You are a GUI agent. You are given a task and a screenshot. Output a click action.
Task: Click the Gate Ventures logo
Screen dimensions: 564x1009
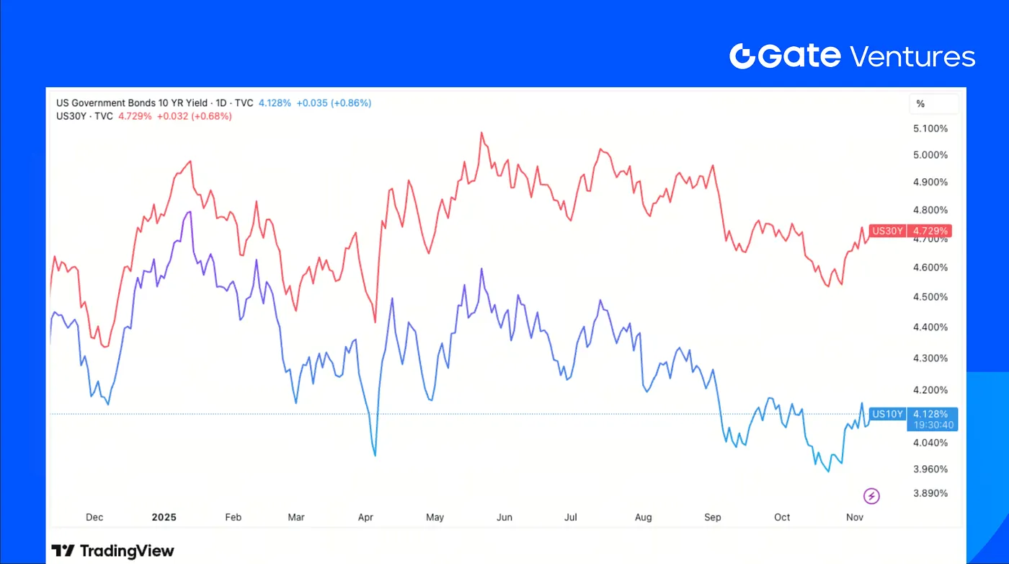pos(852,56)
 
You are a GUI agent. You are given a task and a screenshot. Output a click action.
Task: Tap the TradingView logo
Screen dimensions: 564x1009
pos(113,551)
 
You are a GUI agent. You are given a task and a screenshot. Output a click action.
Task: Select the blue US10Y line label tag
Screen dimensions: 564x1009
pos(887,414)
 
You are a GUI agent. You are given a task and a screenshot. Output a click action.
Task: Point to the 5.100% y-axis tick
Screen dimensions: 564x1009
pos(929,128)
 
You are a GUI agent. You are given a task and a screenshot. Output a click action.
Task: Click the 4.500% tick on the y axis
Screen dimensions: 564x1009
pos(929,297)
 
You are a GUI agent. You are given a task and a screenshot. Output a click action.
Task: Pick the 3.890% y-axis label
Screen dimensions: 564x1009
pos(929,493)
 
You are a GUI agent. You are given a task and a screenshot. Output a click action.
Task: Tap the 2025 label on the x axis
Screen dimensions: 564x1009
pos(164,517)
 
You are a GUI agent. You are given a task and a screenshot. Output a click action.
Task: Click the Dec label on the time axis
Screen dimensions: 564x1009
pos(94,517)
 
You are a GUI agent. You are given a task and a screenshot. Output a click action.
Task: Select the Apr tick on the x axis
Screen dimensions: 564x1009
pos(365,517)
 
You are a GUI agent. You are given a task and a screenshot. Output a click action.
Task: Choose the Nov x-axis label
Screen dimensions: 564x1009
pos(855,517)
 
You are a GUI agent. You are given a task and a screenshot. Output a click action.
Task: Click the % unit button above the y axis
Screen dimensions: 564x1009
pos(920,104)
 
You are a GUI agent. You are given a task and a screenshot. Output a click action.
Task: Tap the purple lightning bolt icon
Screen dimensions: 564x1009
pos(872,495)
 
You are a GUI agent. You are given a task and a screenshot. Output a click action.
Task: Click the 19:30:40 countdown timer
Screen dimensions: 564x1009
pos(933,425)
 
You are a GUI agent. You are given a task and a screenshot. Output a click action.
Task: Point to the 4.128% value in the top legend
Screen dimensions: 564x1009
pos(274,103)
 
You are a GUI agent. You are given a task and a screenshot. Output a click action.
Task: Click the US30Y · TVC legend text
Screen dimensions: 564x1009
pos(84,116)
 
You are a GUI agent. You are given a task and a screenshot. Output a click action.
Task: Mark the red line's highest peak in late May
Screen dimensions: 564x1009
pos(481,133)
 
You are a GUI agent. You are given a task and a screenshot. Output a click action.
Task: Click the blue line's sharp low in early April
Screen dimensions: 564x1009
pos(375,455)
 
